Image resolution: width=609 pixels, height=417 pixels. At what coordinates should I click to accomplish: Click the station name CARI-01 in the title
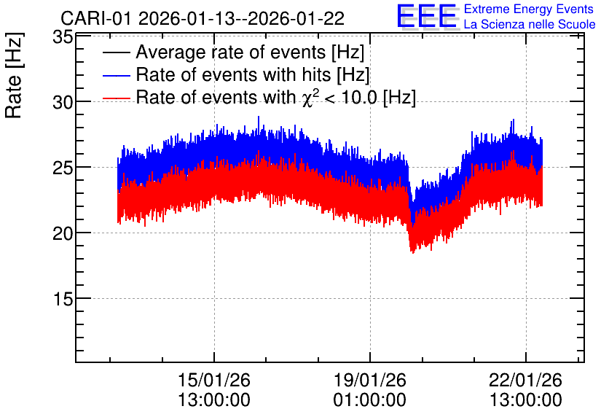(x=96, y=18)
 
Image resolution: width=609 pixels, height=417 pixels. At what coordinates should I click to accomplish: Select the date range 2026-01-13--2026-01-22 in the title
(x=241, y=18)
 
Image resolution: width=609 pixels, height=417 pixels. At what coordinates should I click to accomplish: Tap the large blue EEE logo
(x=427, y=16)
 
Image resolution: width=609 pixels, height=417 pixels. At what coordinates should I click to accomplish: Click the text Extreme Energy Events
(x=529, y=9)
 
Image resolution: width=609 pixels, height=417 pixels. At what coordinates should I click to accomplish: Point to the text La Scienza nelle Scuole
(x=530, y=25)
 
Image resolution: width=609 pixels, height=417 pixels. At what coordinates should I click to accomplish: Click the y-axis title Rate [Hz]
(x=14, y=75)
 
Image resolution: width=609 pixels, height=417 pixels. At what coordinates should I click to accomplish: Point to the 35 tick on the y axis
(x=63, y=38)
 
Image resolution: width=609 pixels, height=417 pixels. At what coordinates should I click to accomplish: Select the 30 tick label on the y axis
(x=63, y=103)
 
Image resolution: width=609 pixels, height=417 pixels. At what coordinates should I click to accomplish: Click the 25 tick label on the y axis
(x=63, y=168)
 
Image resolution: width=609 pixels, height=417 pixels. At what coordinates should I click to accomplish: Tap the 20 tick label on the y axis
(x=63, y=233)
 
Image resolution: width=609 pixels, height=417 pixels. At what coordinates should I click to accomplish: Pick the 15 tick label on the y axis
(x=63, y=299)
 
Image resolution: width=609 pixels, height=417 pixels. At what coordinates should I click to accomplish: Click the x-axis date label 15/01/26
(x=214, y=380)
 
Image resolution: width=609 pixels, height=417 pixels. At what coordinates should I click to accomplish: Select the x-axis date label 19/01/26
(x=370, y=380)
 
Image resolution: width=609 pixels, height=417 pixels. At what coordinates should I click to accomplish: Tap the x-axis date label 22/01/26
(x=525, y=380)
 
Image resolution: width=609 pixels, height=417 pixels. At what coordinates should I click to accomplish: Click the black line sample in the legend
(x=116, y=52)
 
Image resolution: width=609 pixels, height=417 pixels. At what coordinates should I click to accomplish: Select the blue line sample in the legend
(x=116, y=75)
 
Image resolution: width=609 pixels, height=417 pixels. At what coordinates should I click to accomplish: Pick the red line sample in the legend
(x=116, y=98)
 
